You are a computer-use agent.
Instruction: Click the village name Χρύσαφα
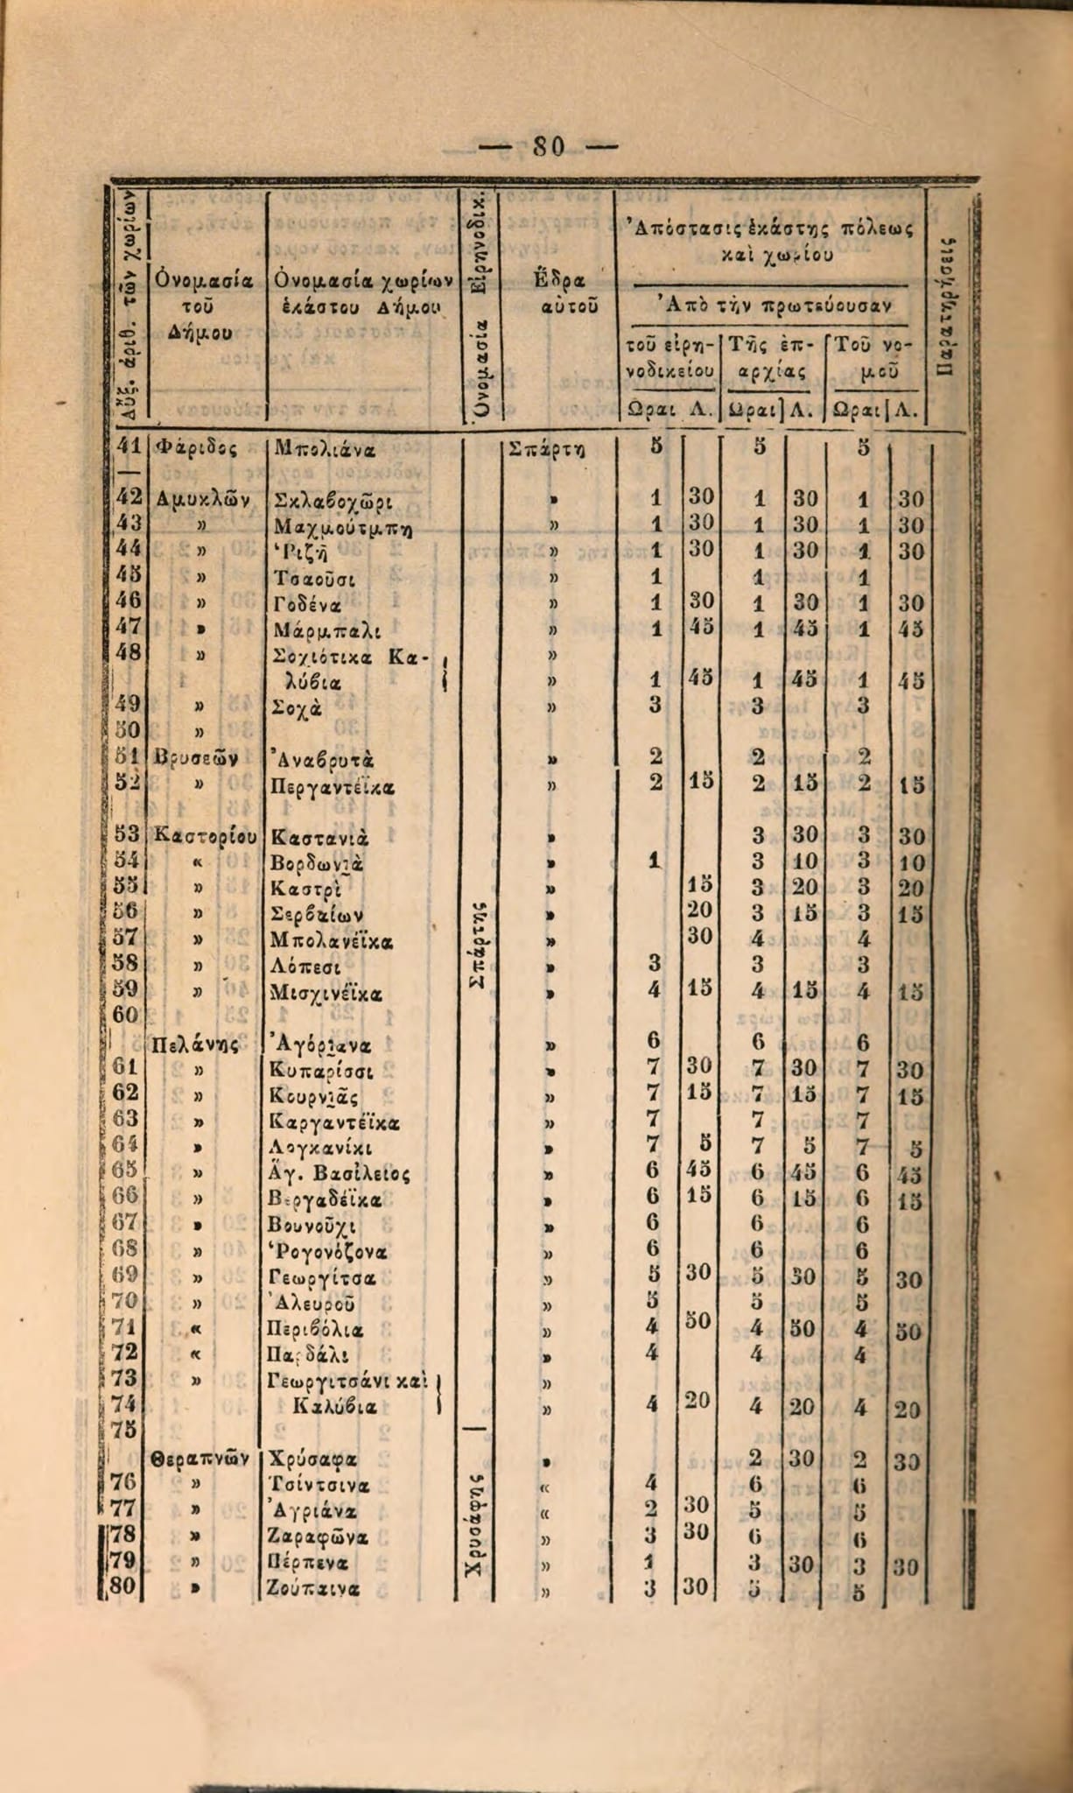(x=311, y=1459)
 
